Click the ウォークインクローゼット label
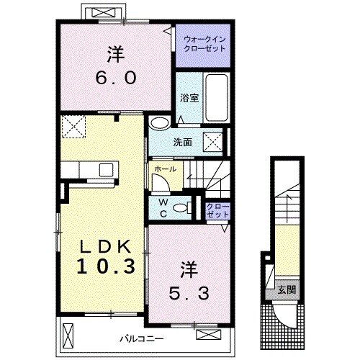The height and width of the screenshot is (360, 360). (204, 44)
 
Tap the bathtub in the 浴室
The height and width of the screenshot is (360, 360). (217, 98)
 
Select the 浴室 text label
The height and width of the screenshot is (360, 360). (189, 98)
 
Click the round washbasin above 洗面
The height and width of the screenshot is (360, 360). (159, 122)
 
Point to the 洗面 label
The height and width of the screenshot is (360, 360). (183, 143)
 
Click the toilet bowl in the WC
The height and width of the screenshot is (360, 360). (182, 207)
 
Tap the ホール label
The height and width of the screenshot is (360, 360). (165, 169)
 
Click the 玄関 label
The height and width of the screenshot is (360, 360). (287, 290)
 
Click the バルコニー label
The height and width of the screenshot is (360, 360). (142, 339)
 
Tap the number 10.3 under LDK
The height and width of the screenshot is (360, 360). (106, 267)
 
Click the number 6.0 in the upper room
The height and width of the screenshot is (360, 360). (116, 77)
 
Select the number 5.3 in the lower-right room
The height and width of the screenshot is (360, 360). (189, 294)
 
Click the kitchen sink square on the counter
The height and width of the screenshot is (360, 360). (106, 169)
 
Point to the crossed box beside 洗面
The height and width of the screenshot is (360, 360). (212, 142)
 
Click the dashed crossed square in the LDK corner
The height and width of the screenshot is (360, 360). (73, 127)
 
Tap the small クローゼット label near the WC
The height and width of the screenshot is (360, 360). (218, 211)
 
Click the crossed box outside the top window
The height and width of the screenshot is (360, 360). (103, 12)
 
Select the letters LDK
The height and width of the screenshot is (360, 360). (105, 246)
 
